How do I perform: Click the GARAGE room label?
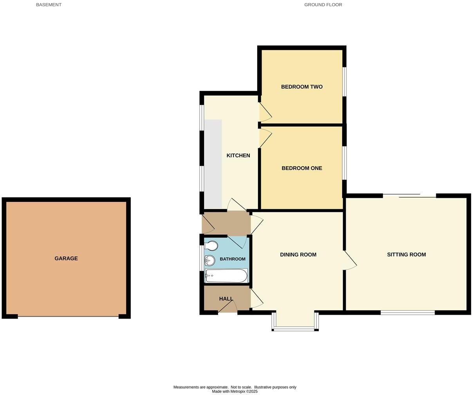pyautogui.click(x=66, y=259)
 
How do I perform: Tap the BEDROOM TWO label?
pyautogui.click(x=301, y=87)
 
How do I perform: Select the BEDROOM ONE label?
pyautogui.click(x=301, y=169)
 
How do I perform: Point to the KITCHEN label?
pyautogui.click(x=238, y=156)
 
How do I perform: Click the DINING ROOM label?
pyautogui.click(x=298, y=255)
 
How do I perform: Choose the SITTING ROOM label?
pyautogui.click(x=406, y=255)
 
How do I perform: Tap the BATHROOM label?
pyautogui.click(x=232, y=259)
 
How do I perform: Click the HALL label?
pyautogui.click(x=226, y=299)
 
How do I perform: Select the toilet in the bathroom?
pyautogui.click(x=211, y=246)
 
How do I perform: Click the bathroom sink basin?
pyautogui.click(x=210, y=260)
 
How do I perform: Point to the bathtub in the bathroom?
pyautogui.click(x=226, y=275)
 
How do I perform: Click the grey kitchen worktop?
pyautogui.click(x=213, y=164)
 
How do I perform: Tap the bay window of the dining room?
pyautogui.click(x=295, y=328)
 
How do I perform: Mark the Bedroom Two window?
pyautogui.click(x=345, y=82)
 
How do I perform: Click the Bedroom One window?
pyautogui.click(x=345, y=163)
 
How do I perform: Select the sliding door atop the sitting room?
pyautogui.click(x=409, y=196)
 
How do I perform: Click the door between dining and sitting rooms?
pyautogui.click(x=350, y=260)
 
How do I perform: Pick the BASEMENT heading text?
pyautogui.click(x=49, y=5)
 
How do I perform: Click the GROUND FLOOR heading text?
pyautogui.click(x=323, y=5)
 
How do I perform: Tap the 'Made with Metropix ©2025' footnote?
pyautogui.click(x=235, y=391)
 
